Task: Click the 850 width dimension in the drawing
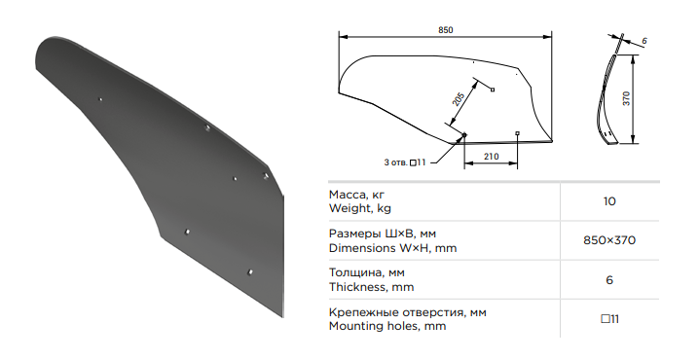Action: point(445,30)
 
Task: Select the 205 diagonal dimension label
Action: point(459,99)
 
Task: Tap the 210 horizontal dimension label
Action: point(491,157)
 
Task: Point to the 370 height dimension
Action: point(626,98)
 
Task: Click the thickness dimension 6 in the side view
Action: point(644,41)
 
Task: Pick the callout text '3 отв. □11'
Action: point(405,162)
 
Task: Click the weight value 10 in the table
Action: point(609,201)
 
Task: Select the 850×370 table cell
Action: point(609,240)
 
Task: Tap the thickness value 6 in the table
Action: point(609,280)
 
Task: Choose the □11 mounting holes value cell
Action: point(609,319)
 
